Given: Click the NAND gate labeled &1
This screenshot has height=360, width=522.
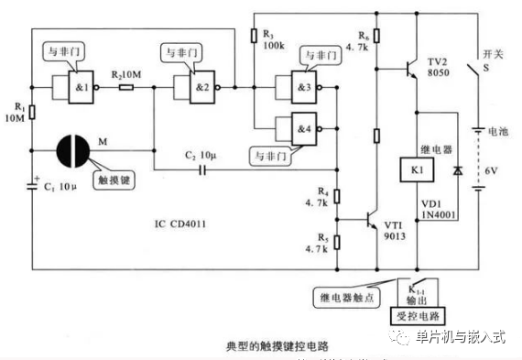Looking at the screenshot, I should (x=76, y=88).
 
